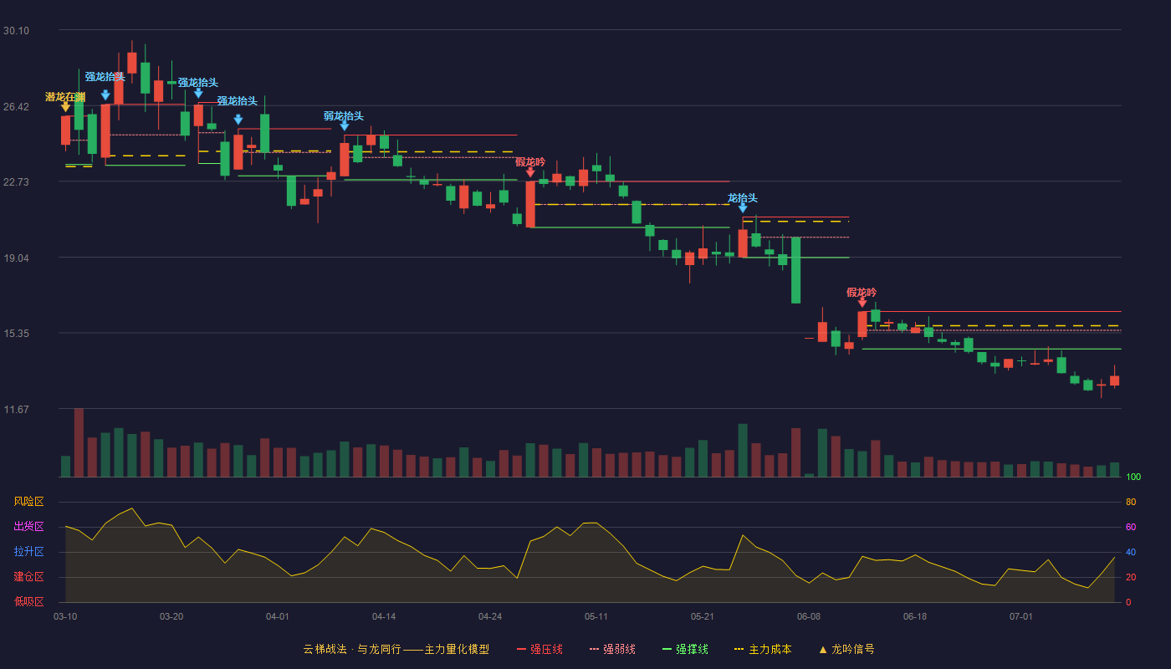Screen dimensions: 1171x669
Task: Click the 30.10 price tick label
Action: point(16,30)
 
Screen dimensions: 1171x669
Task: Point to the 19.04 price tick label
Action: point(16,258)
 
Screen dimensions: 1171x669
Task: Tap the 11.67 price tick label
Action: point(16,409)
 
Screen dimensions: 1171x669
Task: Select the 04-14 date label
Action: point(384,617)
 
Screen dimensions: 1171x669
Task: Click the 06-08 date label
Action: point(809,617)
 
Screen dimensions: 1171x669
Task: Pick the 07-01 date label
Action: point(1021,617)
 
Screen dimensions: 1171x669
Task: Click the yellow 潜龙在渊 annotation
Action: point(65,97)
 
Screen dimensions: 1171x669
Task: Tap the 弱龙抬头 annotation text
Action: point(344,116)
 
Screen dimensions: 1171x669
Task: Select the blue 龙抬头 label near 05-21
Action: point(743,198)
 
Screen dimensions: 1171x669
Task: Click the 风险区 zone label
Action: point(28,501)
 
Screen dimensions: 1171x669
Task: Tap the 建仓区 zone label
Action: point(28,576)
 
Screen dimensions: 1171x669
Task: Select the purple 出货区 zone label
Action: point(28,526)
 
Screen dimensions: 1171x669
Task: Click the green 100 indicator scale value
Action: point(1133,477)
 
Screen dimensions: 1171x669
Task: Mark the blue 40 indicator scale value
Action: point(1131,552)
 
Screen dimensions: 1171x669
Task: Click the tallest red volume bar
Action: point(79,442)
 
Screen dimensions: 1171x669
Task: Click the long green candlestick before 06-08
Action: point(795,270)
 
